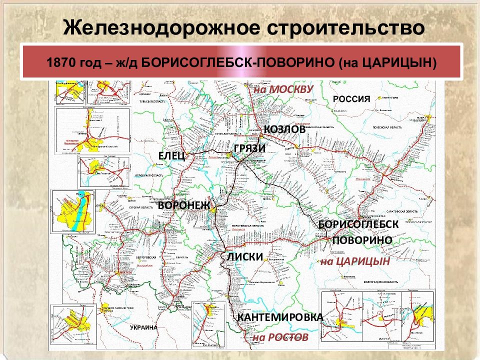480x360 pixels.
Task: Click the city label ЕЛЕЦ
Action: point(172,156)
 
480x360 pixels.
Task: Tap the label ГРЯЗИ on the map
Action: point(249,148)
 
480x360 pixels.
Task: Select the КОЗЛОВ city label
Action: point(284,129)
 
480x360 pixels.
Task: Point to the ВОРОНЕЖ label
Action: point(184,205)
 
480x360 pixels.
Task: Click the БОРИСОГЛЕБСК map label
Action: point(358,224)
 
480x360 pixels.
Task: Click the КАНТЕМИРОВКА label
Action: point(280,317)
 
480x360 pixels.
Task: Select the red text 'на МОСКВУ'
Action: point(283,89)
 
